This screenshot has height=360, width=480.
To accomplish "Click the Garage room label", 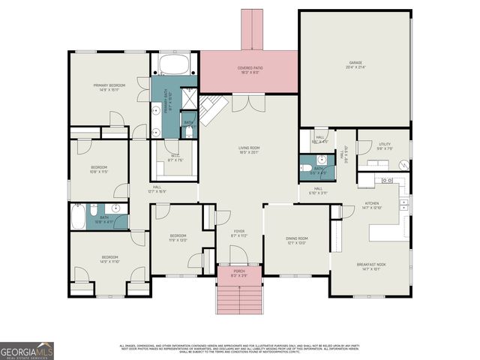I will coord(355,65).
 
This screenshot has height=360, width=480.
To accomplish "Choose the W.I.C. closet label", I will coord(175,159).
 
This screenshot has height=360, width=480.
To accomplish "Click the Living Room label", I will coord(248,151).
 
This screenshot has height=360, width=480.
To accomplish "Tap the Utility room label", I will coord(384,147).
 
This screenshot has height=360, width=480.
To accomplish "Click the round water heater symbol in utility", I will coord(403,163).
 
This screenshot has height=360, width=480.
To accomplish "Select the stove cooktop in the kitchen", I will coord(388,180).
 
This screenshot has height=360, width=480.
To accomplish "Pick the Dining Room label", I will coord(297,241).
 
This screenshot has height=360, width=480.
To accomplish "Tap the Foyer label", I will coord(238,233).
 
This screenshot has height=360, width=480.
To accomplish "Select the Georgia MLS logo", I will coord(27,350).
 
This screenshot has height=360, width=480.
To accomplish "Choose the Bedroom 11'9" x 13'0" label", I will coord(177,238).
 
